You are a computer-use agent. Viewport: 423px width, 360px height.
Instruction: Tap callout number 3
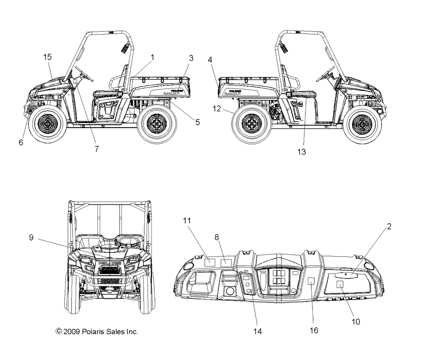tap(191, 58)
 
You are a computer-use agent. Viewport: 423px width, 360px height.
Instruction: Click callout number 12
tap(217, 109)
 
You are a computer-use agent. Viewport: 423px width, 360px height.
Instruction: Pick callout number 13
tap(302, 152)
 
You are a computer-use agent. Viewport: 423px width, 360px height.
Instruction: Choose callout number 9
tap(31, 237)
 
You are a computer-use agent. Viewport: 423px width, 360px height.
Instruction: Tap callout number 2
tap(389, 226)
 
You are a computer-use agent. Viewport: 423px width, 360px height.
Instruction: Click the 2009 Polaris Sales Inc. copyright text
tap(96, 332)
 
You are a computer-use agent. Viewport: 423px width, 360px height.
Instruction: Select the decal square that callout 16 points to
tap(312, 282)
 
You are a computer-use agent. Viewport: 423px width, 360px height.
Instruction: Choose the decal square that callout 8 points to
tap(227, 263)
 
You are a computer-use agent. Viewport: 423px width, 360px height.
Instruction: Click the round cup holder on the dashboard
tap(230, 292)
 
